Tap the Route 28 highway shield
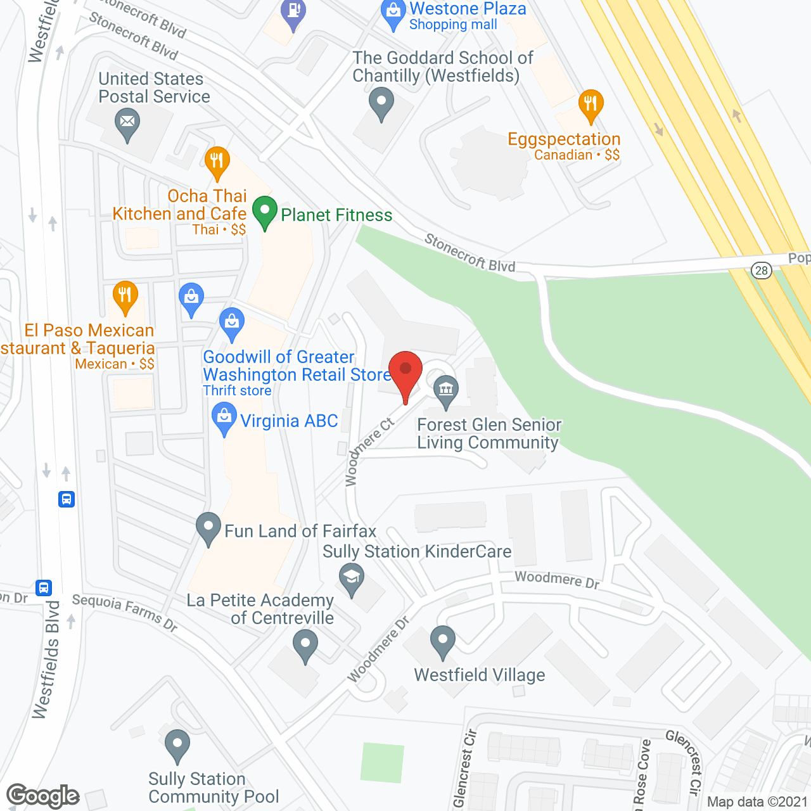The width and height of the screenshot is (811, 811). point(761,271)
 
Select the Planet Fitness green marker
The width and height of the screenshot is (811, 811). point(265,212)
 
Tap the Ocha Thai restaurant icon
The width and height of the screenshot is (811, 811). point(217,162)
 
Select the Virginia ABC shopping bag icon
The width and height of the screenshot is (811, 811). point(223,419)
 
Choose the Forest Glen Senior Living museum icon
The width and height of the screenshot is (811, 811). point(447,389)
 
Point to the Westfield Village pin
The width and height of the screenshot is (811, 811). point(442,641)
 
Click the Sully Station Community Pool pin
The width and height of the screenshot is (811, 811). point(177,744)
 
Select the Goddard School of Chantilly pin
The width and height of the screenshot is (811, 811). point(381,103)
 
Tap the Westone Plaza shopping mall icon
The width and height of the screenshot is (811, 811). point(393,13)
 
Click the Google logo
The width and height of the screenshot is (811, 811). point(43,796)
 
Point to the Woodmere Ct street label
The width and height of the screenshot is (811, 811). point(369,452)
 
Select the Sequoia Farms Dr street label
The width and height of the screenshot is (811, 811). point(125,612)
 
